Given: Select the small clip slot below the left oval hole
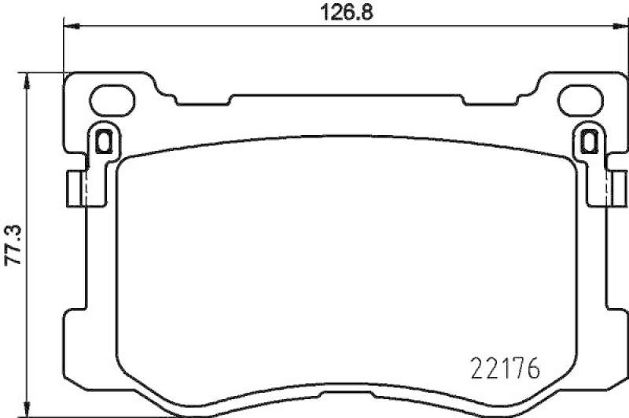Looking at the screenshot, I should point(101,141).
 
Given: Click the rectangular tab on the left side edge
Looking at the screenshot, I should point(75,188).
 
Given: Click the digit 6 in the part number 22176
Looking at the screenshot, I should point(532,368).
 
